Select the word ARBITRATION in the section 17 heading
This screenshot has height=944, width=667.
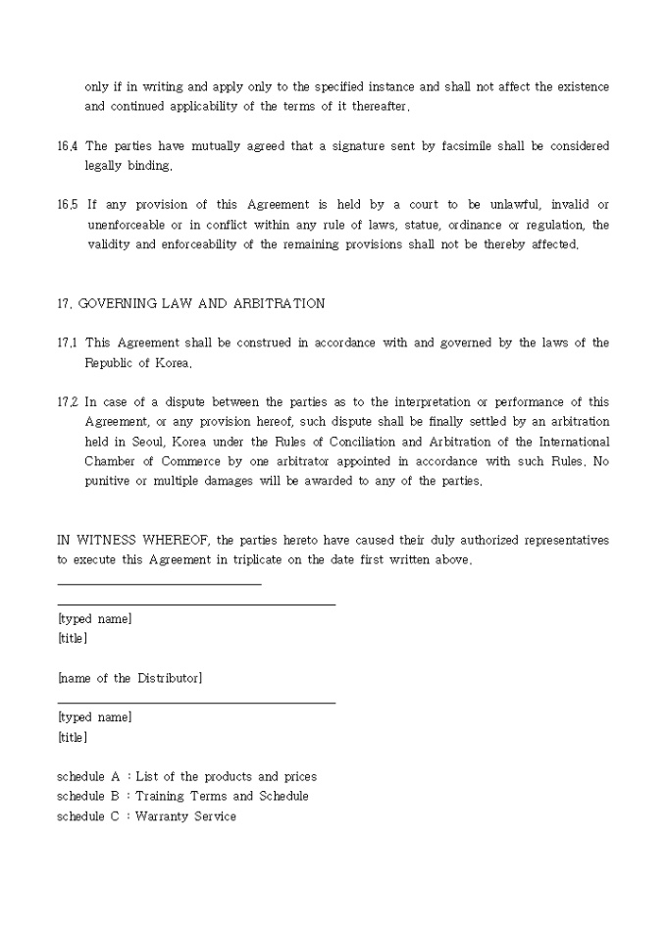(x=279, y=303)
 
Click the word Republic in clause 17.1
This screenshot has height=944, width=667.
(x=110, y=363)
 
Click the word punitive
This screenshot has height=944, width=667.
(x=110, y=481)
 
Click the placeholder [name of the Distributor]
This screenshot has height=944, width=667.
(x=129, y=678)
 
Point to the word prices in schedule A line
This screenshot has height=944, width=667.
(x=298, y=776)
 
